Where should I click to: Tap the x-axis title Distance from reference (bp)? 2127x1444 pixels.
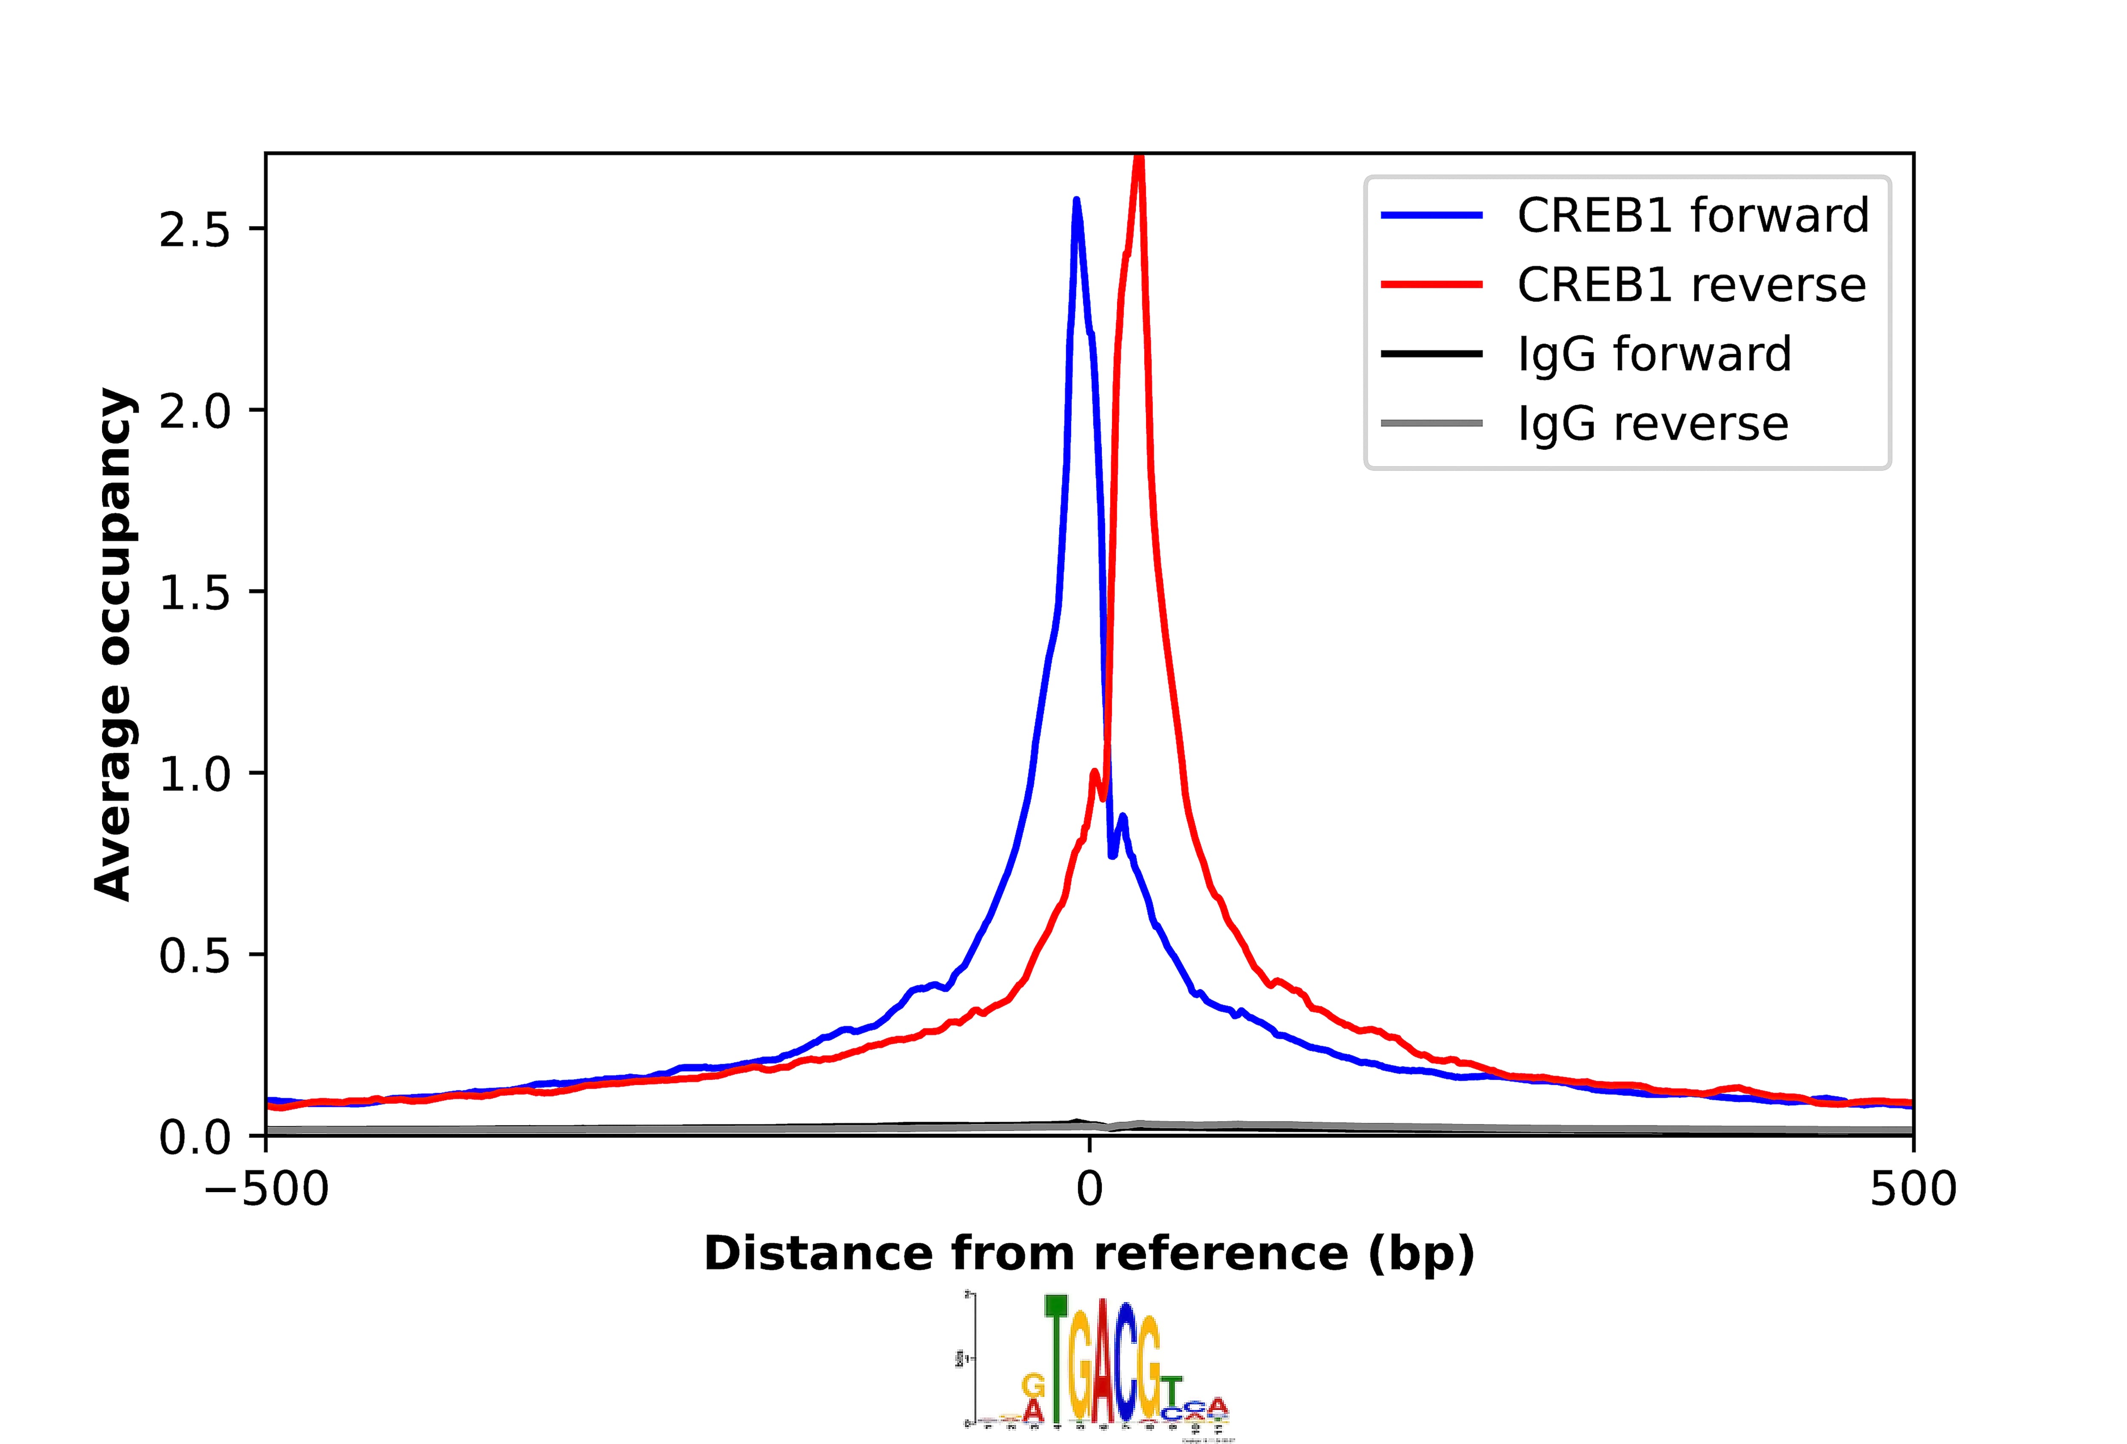[1089, 1253]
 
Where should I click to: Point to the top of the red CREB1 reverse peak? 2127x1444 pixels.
[1138, 157]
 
